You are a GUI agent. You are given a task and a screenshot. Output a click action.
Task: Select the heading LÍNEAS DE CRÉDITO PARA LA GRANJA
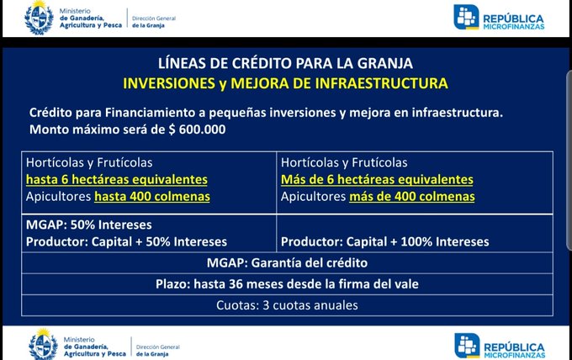pyautogui.click(x=285, y=64)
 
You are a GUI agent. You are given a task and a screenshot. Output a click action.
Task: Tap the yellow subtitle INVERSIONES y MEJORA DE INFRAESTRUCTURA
pyautogui.click(x=285, y=83)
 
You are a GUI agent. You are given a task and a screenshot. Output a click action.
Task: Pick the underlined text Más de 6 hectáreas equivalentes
pyautogui.click(x=377, y=180)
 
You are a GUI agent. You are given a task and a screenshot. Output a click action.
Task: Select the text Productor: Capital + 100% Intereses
pyautogui.click(x=385, y=241)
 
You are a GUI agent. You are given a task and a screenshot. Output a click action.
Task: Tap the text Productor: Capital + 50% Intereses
pyautogui.click(x=124, y=241)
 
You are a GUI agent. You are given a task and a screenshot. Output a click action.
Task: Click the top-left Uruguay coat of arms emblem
pyautogui.click(x=40, y=19)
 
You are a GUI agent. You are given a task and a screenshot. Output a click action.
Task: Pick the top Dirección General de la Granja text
pyautogui.click(x=159, y=19)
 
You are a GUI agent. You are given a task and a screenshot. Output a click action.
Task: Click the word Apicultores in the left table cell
pyautogui.click(x=59, y=197)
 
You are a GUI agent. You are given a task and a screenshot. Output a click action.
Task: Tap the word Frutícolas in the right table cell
pyautogui.click(x=379, y=162)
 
